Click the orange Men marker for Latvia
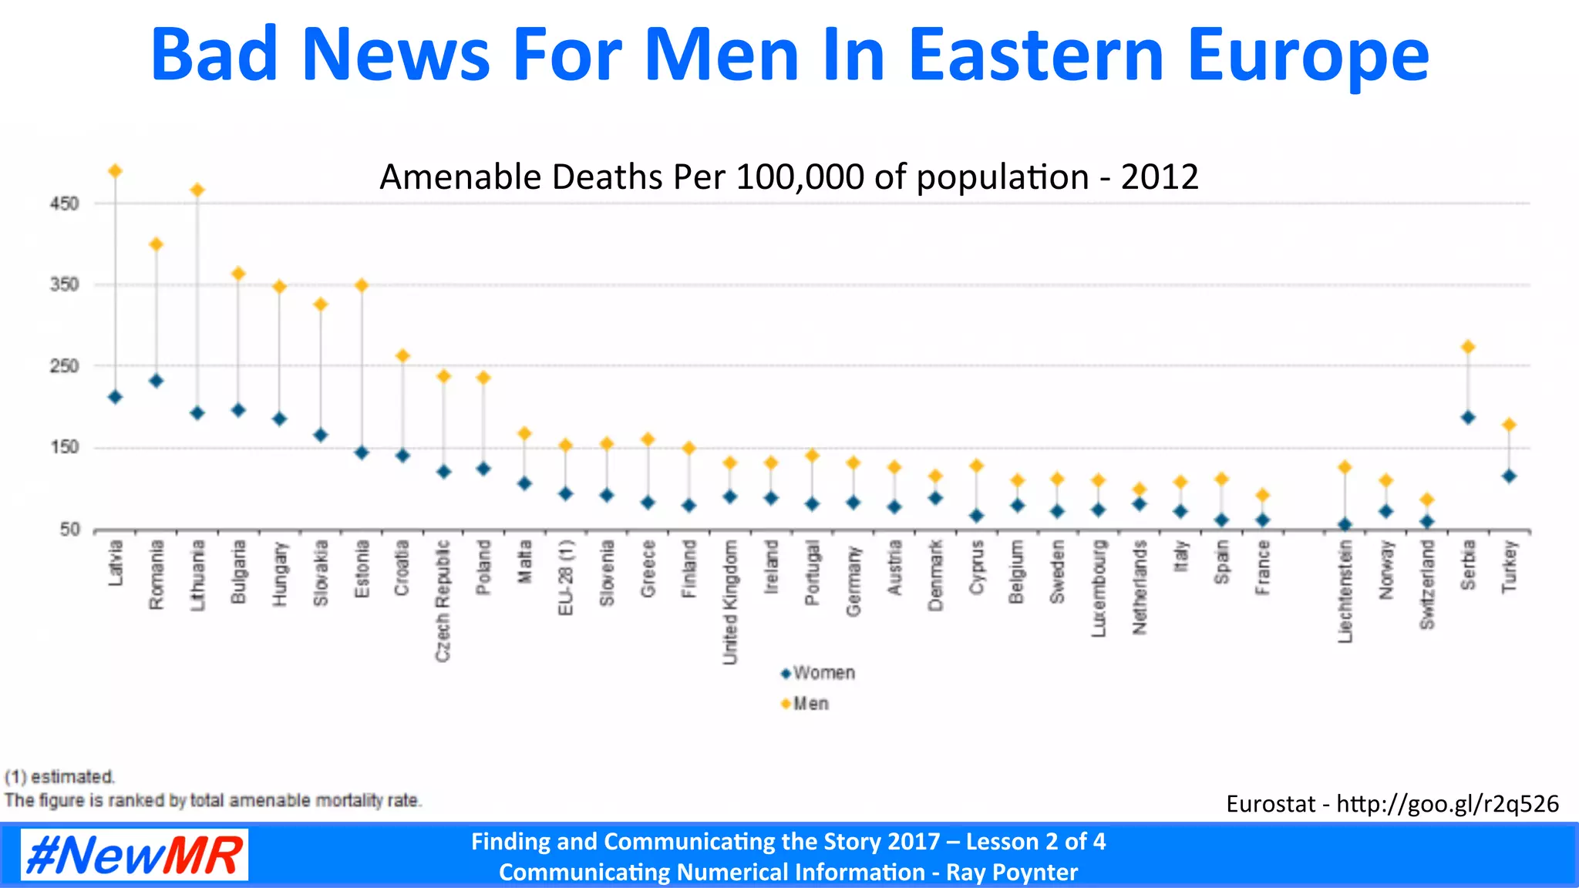point(115,171)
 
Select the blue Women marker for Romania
point(156,381)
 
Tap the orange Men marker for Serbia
point(1468,347)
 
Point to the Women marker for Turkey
point(1509,476)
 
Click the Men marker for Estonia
point(362,285)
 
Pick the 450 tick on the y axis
point(64,204)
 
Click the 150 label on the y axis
point(64,447)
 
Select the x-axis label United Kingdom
point(729,601)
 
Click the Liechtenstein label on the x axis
point(1345,590)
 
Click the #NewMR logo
point(134,855)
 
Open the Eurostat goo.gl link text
point(1447,804)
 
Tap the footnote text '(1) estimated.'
point(60,776)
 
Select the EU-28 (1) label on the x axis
point(565,577)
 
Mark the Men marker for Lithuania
point(197,190)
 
